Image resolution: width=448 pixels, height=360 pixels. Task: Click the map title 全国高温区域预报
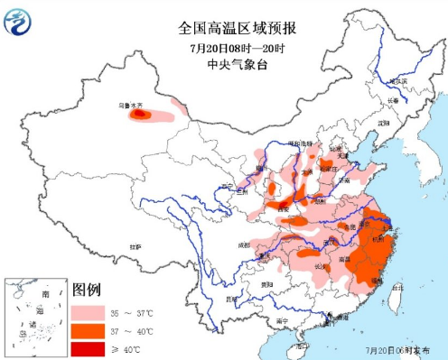[224, 28]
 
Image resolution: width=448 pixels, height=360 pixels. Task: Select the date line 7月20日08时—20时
[225, 47]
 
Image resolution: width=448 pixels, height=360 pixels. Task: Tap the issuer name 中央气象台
[225, 64]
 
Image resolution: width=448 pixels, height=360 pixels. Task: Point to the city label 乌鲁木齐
[134, 106]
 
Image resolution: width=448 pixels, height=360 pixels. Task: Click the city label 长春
[393, 100]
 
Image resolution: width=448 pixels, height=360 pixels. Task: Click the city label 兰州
[240, 191]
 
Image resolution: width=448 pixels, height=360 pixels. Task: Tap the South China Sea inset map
[33, 316]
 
